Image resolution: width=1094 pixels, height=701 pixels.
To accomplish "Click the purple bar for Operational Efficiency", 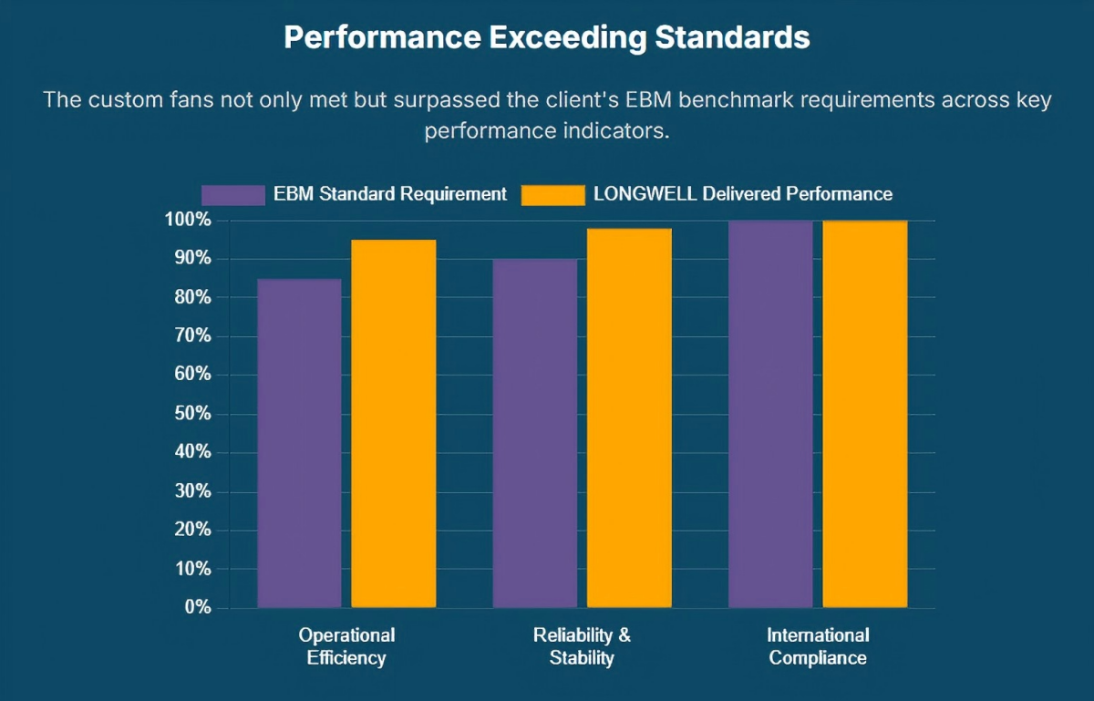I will pos(299,443).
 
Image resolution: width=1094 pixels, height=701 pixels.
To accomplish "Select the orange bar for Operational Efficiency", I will pos(394,424).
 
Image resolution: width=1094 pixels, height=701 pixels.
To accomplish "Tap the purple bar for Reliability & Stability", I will pos(535,434).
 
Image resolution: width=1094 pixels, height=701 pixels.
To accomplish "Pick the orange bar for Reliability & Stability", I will pos(629,418).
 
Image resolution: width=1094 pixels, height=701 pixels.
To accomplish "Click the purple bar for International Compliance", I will pos(770,414).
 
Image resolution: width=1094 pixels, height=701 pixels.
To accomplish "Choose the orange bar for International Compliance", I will pos(865,414).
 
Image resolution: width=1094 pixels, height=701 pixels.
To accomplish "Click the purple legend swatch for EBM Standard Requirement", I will pos(233,194).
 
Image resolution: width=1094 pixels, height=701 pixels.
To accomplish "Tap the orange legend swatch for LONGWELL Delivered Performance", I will pos(552,194).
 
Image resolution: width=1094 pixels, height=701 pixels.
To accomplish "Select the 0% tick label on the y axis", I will pos(197,607).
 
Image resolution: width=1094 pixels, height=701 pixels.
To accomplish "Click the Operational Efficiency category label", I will pos(346,646).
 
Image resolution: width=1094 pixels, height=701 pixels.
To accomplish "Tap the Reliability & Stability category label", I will pos(582,646).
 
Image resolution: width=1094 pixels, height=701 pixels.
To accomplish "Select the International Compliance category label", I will pos(818,646).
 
